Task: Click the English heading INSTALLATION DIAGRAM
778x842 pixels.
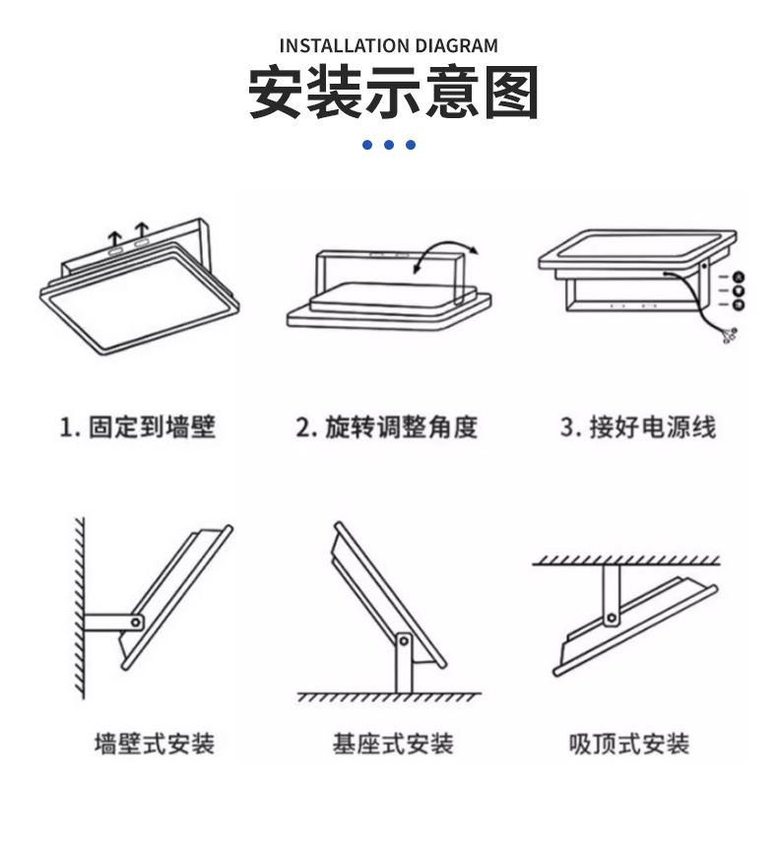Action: (x=389, y=45)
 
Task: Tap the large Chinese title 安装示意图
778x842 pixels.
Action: (x=392, y=94)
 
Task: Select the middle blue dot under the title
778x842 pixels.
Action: (x=389, y=145)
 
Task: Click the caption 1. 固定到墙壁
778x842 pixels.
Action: (x=138, y=427)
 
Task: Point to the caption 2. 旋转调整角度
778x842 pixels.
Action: (x=387, y=427)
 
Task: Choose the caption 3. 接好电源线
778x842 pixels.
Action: (x=638, y=427)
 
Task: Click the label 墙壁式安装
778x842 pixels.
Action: (x=155, y=744)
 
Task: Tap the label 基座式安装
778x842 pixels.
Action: (x=393, y=744)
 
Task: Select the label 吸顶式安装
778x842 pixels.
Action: (x=630, y=744)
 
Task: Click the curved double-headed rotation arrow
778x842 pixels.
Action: (x=444, y=252)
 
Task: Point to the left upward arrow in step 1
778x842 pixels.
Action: (x=115, y=237)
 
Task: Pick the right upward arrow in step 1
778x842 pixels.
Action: (x=142, y=232)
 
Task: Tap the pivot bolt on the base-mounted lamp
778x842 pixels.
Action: (x=402, y=641)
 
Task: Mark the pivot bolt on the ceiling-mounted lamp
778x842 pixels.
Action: (x=612, y=617)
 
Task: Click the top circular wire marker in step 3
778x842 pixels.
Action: (x=738, y=278)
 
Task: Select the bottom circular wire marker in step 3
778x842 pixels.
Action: (x=738, y=305)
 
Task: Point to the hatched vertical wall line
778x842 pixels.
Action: (x=79, y=606)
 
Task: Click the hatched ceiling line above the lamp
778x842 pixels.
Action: (x=625, y=560)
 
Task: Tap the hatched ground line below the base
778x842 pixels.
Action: (x=389, y=697)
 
